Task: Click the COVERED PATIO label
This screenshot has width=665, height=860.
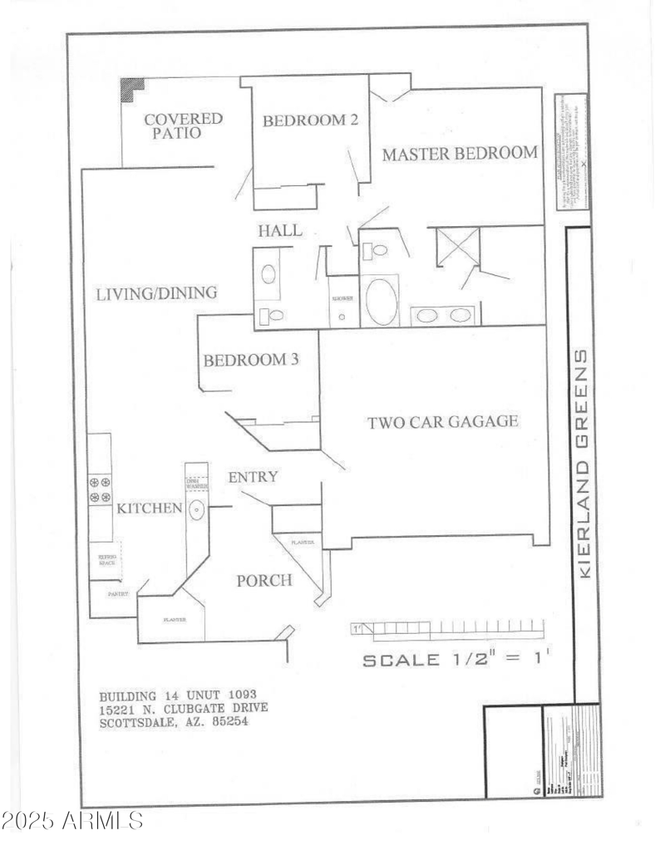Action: click(184, 125)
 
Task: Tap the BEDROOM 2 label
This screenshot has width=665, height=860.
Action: click(310, 120)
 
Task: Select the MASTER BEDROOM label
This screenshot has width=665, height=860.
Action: click(460, 153)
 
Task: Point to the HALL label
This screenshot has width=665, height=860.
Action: click(279, 231)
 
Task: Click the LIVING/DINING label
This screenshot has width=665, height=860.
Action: click(156, 293)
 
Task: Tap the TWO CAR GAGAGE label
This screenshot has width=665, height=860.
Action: click(443, 422)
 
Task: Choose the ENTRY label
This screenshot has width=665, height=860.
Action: click(253, 477)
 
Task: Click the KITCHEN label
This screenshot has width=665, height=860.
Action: click(149, 508)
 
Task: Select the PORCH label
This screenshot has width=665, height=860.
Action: click(264, 580)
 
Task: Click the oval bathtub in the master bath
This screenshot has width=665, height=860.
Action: click(382, 301)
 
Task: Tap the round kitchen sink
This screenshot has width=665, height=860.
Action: click(197, 509)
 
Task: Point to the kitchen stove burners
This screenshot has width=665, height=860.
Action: click(100, 489)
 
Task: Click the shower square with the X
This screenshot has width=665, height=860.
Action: click(458, 247)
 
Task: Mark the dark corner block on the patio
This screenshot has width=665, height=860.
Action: click(131, 89)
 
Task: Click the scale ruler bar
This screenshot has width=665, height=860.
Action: click(447, 630)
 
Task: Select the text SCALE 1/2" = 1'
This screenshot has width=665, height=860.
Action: click(456, 661)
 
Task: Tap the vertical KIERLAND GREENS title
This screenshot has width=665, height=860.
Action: click(584, 464)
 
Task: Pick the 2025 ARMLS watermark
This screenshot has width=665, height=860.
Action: click(72, 822)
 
